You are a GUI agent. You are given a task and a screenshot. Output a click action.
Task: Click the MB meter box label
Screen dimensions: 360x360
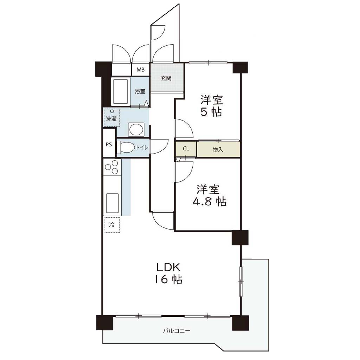pyautogui.click(x=141, y=70)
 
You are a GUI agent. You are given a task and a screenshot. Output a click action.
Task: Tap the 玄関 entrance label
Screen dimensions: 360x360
pyautogui.click(x=166, y=78)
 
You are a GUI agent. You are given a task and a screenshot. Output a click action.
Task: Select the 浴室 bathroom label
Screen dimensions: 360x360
pyautogui.click(x=140, y=91)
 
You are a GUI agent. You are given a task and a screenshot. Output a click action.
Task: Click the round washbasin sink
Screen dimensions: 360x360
pyautogui.click(x=136, y=130)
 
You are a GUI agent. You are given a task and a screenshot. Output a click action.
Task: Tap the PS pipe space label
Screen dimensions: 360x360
pyautogui.click(x=109, y=144)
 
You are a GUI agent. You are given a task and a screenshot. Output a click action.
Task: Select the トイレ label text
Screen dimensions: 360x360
pyautogui.click(x=142, y=148)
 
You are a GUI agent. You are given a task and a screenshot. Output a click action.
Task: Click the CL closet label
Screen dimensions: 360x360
pyautogui.click(x=186, y=149)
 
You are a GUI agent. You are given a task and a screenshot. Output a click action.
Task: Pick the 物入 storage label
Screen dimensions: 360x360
pyautogui.click(x=218, y=150)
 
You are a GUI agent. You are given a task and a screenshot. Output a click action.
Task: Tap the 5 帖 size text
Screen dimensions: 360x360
pyautogui.click(x=211, y=112)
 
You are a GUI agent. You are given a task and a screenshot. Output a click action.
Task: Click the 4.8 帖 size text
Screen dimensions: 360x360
pyautogui.click(x=210, y=201)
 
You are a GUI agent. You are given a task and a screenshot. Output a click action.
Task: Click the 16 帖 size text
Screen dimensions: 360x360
pyautogui.click(x=168, y=279)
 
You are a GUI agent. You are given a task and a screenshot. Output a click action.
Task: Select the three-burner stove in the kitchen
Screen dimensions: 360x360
pyautogui.click(x=112, y=167)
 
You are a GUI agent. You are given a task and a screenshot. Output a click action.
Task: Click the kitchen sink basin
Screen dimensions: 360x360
pyautogui.click(x=112, y=204)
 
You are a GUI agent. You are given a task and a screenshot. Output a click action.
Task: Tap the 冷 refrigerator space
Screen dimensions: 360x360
pyautogui.click(x=112, y=225)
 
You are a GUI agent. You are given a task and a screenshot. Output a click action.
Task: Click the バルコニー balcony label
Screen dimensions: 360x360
pyautogui.click(x=176, y=331)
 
